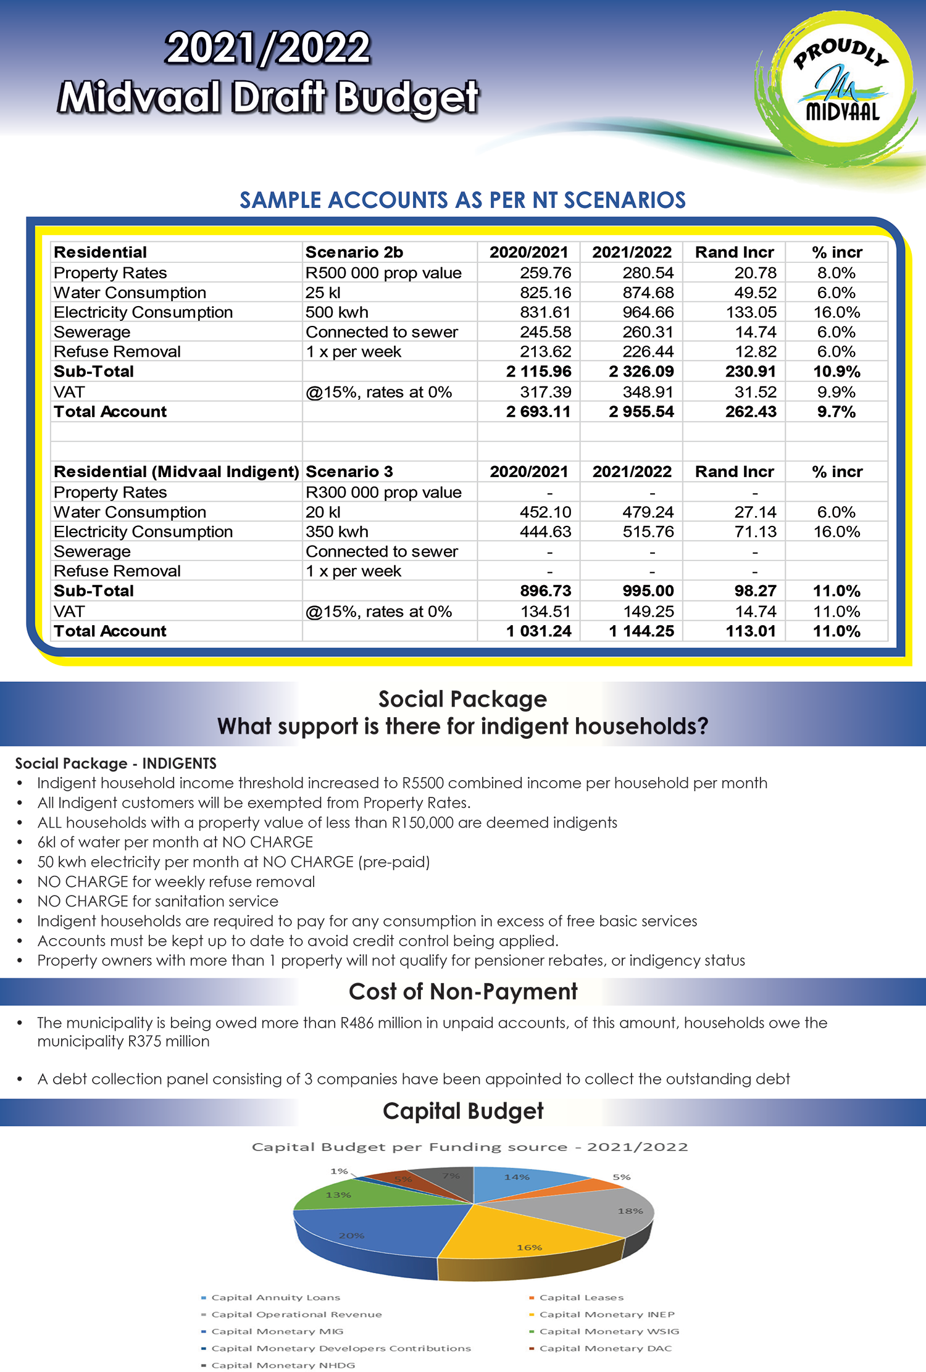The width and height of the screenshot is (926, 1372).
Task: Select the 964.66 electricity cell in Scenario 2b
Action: point(648,312)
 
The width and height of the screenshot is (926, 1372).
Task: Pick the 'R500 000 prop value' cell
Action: point(383,273)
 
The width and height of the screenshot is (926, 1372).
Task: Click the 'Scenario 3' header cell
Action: point(349,472)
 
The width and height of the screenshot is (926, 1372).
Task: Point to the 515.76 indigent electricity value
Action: point(648,531)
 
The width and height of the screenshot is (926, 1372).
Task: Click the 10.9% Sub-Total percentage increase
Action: point(836,372)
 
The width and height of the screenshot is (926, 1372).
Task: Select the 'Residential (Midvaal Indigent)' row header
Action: point(176,472)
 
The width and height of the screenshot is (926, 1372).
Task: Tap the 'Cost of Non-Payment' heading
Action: point(463,991)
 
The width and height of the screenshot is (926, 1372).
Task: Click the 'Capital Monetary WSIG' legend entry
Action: point(609,1331)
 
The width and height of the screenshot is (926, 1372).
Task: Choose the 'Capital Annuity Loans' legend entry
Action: point(275,1297)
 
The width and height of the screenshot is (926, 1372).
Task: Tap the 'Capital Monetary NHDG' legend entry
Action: point(283,1365)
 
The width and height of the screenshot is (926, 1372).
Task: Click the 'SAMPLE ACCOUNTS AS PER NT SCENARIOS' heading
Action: point(463,200)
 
